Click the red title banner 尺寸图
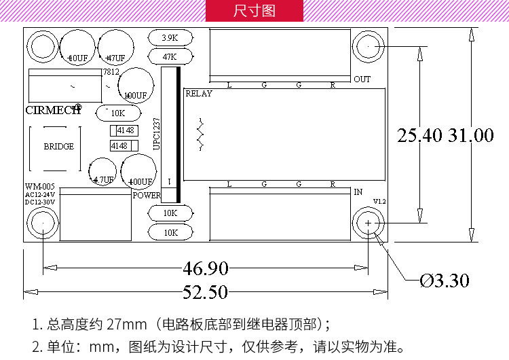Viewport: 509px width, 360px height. pyautogui.click(x=254, y=11)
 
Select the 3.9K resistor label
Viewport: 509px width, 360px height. pyautogui.click(x=169, y=38)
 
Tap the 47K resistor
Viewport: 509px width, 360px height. pyautogui.click(x=169, y=56)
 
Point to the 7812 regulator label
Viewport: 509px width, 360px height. pyautogui.click(x=110, y=72)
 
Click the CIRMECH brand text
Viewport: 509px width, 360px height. pyautogui.click(x=52, y=109)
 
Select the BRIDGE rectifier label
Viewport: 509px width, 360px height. pyautogui.click(x=58, y=146)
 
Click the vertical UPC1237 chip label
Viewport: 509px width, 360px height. pyautogui.click(x=156, y=133)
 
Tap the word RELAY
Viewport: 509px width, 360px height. pyautogui.click(x=199, y=94)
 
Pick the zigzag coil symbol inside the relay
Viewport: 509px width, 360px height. pyautogui.click(x=200, y=134)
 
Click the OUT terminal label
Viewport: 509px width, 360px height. pyautogui.click(x=362, y=79)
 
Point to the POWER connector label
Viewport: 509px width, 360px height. pyautogui.click(x=147, y=195)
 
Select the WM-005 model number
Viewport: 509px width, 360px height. pyautogui.click(x=39, y=186)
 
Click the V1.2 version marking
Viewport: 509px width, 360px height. pyautogui.click(x=379, y=202)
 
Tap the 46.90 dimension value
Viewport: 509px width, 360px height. pyautogui.click(x=206, y=268)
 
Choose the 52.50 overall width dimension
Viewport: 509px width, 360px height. pyautogui.click(x=206, y=293)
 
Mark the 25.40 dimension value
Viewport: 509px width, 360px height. pyautogui.click(x=420, y=135)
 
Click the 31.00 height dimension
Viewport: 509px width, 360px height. pyautogui.click(x=471, y=135)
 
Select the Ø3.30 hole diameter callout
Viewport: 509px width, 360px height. pyautogui.click(x=445, y=280)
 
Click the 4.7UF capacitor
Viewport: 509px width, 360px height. pyautogui.click(x=103, y=179)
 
